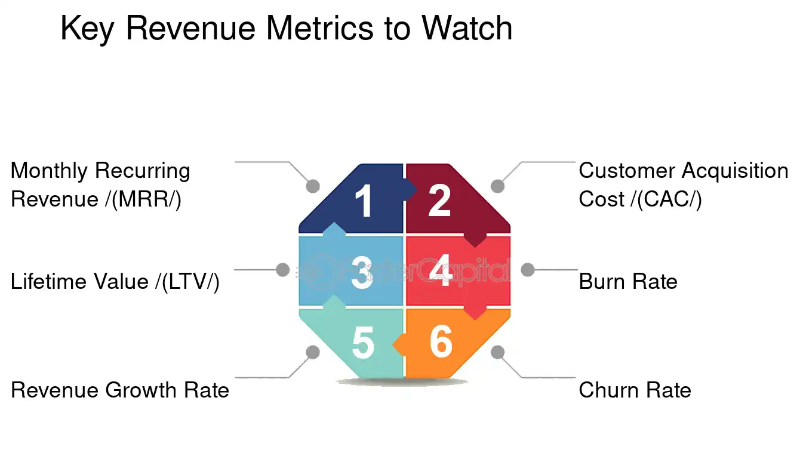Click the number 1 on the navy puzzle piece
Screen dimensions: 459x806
[364, 201]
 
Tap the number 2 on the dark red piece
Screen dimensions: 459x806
[439, 201]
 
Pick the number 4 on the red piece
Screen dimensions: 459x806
[441, 272]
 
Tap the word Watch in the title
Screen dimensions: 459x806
[466, 28]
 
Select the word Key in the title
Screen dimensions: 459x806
[87, 29]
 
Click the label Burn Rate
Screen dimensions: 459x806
[628, 281]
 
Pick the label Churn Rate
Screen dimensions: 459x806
[635, 390]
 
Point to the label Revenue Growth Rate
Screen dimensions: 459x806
[120, 390]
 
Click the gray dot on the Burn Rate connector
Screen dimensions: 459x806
[527, 270]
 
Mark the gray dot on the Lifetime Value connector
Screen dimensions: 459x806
[283, 270]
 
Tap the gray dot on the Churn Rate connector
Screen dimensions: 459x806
[497, 352]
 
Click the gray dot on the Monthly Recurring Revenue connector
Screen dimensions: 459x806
[313, 186]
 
